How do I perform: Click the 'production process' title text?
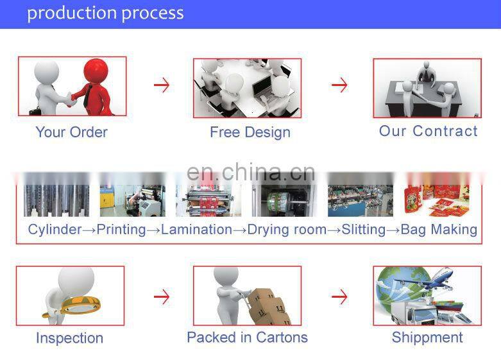(x=105, y=13)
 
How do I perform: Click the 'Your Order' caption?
(x=71, y=132)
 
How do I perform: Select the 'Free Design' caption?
(x=250, y=132)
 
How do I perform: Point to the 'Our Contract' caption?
(x=428, y=131)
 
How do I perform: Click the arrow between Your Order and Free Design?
(x=162, y=85)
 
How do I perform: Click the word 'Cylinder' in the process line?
(x=55, y=229)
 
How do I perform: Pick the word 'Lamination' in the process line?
(x=196, y=229)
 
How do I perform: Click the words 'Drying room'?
(x=287, y=229)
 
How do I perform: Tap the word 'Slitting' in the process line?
(x=363, y=229)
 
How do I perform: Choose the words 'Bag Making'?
(x=439, y=229)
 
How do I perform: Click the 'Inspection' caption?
(x=69, y=338)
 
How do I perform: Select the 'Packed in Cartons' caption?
(x=247, y=338)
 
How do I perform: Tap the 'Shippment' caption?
(x=427, y=338)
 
